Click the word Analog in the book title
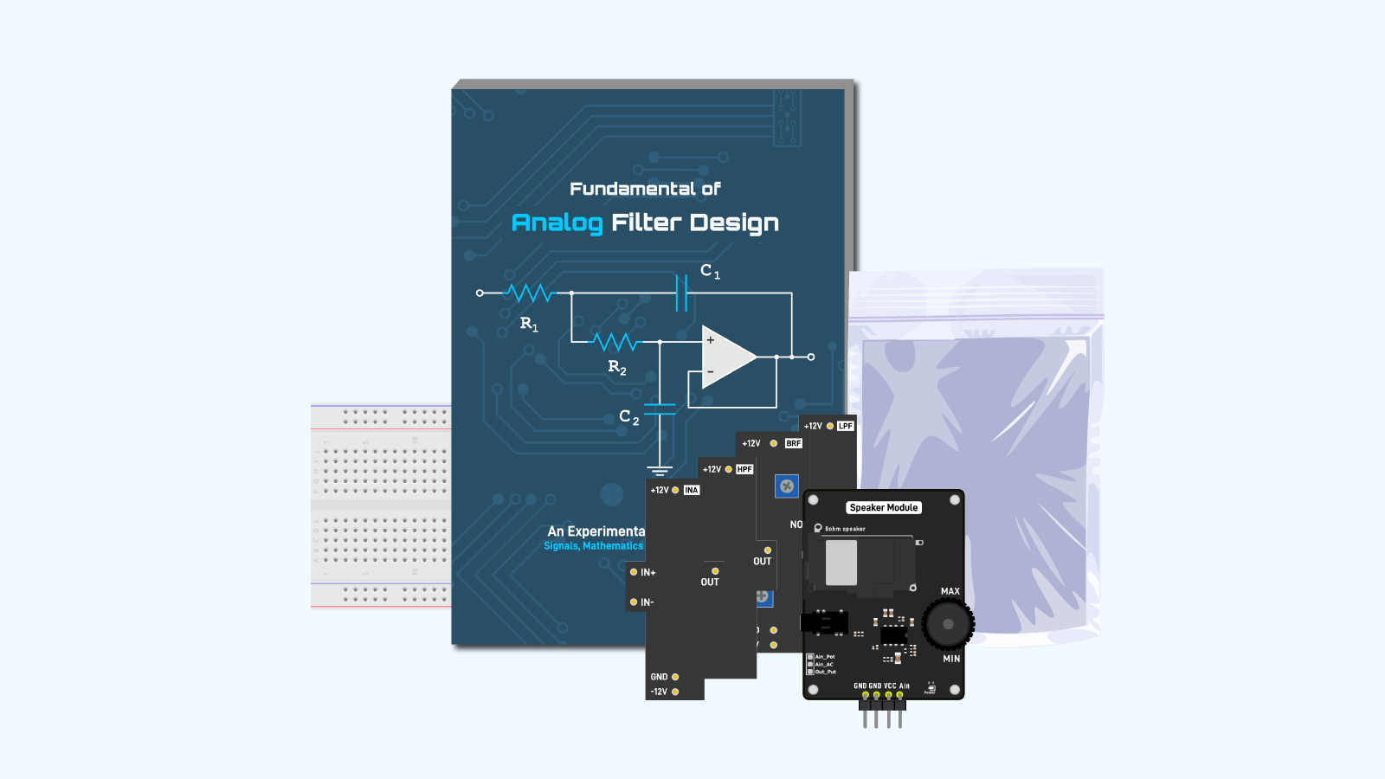557,223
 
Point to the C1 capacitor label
710,271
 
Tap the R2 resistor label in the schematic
617,367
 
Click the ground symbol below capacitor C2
660,471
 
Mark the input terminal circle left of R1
480,293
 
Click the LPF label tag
846,426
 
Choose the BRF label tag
794,443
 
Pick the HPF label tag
744,469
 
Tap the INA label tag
692,490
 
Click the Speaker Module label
883,508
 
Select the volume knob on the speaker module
948,624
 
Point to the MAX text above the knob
950,592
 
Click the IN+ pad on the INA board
634,572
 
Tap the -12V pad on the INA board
675,692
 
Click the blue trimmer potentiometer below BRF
786,486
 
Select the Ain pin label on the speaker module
904,686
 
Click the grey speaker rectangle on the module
841,563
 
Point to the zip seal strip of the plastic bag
976,317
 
